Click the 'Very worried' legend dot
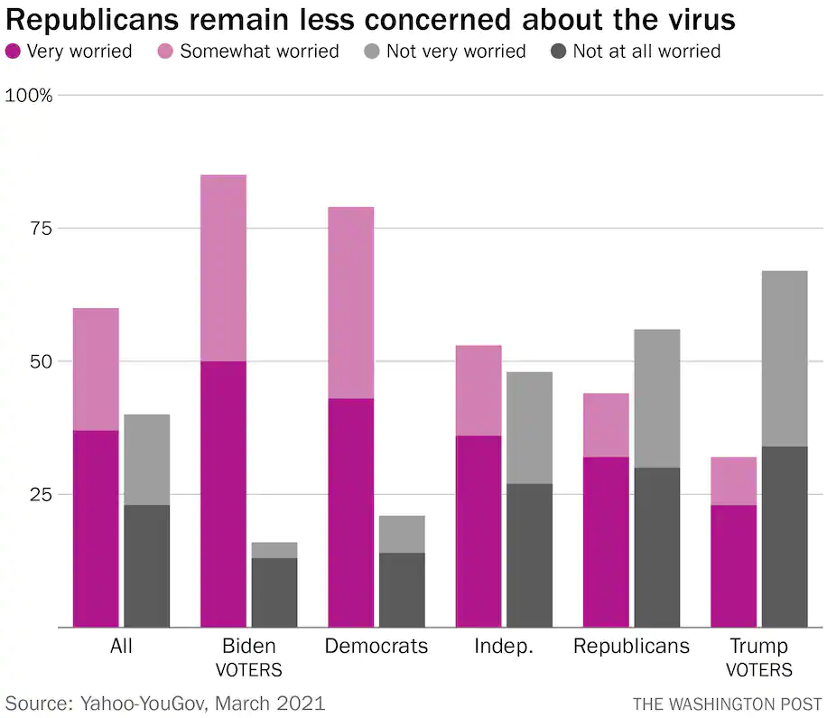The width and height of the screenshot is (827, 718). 14,51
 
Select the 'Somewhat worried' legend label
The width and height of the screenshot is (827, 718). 259,51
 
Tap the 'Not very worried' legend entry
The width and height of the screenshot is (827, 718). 456,51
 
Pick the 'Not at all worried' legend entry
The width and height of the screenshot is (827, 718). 646,51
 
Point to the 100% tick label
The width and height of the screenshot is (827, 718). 29,96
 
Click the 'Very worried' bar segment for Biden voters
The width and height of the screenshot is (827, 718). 223,494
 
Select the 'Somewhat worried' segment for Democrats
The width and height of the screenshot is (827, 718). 350,303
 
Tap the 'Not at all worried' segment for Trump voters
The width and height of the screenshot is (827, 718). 785,536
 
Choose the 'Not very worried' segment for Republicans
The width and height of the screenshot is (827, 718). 656,398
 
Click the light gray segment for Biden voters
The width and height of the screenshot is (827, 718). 274,550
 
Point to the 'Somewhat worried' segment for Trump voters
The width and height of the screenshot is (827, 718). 733,480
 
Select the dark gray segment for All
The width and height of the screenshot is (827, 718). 146,565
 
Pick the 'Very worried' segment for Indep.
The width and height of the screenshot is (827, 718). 479,531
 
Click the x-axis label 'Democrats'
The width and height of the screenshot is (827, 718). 376,647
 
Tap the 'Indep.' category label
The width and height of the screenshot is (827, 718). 504,647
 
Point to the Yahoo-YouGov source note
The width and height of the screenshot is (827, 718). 165,703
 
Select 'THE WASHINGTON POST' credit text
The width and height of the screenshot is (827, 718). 727,704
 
